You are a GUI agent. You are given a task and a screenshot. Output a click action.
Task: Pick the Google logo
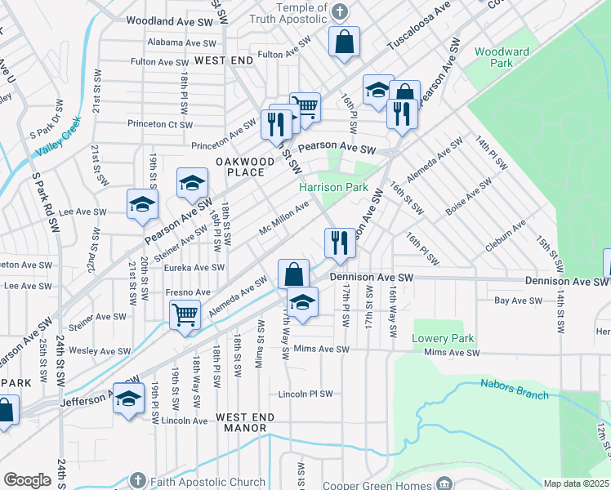[x=28, y=480]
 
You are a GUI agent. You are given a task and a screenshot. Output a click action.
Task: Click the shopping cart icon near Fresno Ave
[x=185, y=314]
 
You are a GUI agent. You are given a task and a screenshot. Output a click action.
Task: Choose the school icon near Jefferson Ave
[x=127, y=399]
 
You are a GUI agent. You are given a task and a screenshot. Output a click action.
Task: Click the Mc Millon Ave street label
[x=283, y=218]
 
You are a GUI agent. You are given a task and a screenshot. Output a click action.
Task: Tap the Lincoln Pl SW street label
[x=305, y=394]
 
